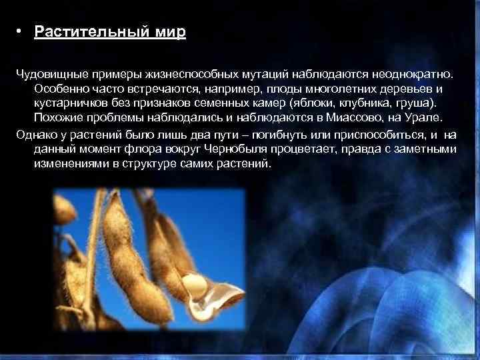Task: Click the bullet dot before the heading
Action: click(x=21, y=33)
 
